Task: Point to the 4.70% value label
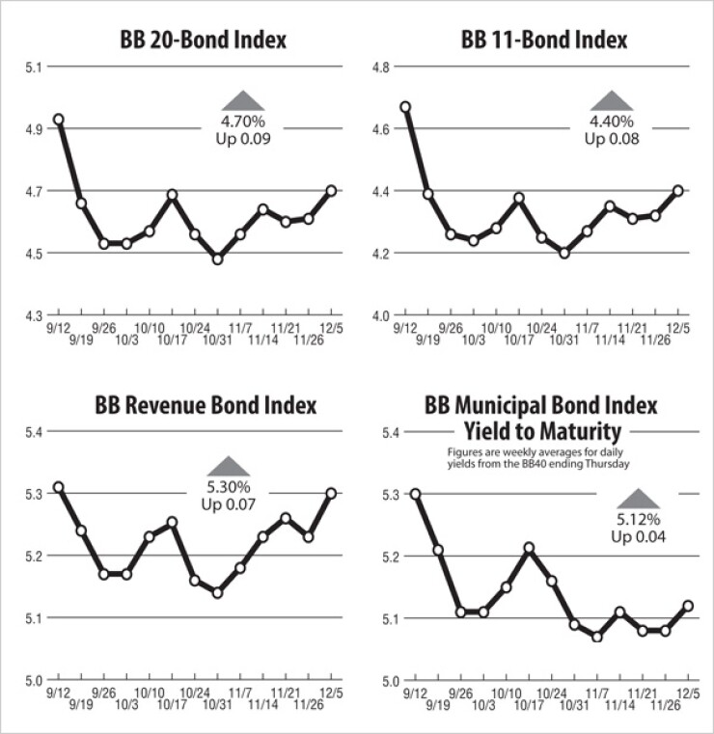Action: pyautogui.click(x=241, y=122)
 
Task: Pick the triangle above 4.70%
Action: pyautogui.click(x=241, y=99)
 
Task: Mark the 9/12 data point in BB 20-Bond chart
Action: pyautogui.click(x=59, y=120)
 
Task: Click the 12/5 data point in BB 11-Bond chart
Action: pyautogui.click(x=678, y=190)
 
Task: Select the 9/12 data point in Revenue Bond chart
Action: pyautogui.click(x=59, y=487)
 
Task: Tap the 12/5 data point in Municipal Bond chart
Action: pyautogui.click(x=688, y=606)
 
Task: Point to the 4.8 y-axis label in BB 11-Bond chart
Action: pyautogui.click(x=381, y=67)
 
